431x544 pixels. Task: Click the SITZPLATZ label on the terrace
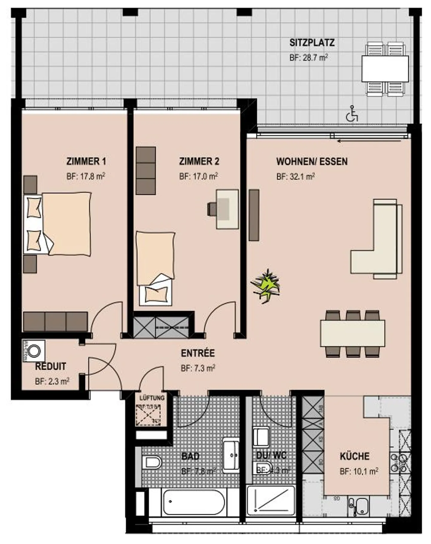[312, 43]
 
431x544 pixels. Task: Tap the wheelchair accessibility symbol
[352, 114]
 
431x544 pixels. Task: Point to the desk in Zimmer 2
[227, 209]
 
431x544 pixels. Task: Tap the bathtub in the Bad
[193, 503]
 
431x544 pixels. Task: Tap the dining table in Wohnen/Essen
[352, 333]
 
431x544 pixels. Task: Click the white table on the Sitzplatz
[385, 69]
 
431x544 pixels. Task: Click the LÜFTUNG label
[152, 398]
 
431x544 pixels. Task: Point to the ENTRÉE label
[198, 353]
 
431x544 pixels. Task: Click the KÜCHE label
[354, 456]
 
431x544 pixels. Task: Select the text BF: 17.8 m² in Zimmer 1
[86, 176]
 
